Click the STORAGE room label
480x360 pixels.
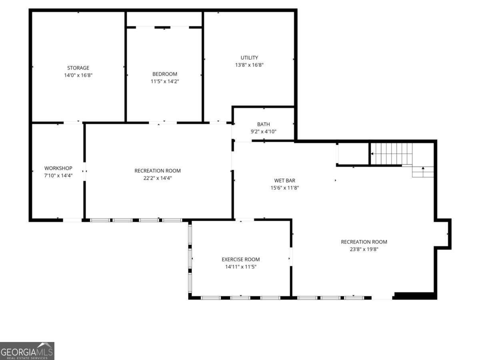78,68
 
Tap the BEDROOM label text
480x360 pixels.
164,74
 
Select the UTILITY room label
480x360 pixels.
249,58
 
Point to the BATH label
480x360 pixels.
263,124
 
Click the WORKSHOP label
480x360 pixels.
58,168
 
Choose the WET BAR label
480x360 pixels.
284,180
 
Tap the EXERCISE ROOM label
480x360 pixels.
241,259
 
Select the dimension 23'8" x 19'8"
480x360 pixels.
364,249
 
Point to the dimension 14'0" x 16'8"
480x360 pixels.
78,75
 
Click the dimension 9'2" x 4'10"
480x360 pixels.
263,132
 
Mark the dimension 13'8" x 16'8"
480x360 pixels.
249,65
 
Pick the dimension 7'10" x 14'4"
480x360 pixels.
58,175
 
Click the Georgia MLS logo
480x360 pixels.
27,351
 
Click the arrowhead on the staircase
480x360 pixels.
372,154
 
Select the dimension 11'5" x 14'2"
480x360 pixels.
164,81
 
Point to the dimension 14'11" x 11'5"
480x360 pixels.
241,266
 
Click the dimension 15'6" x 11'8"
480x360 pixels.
284,188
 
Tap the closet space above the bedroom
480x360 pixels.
164,19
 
